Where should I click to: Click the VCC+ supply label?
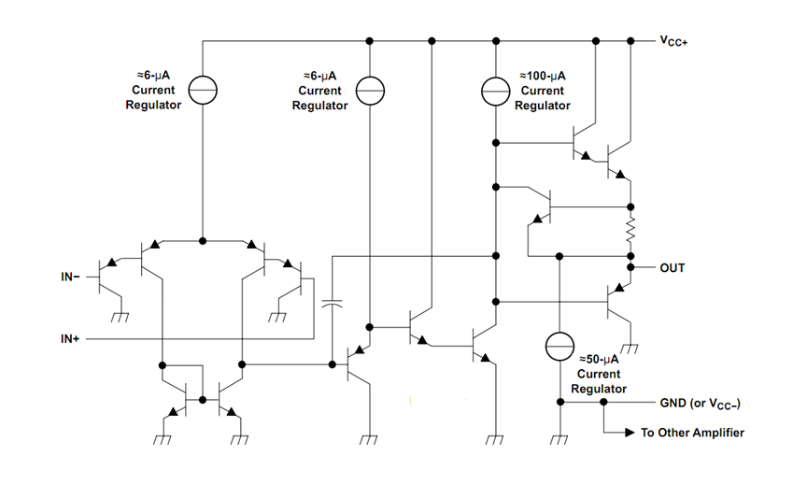pos(673,42)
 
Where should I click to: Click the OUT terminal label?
pos(672,268)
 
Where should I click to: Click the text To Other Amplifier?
pos(691,434)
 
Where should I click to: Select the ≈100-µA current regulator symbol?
pos(495,91)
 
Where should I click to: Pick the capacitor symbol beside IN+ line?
pos(333,304)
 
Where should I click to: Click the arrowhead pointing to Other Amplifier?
pos(625,434)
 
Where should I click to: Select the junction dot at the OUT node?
pos(631,268)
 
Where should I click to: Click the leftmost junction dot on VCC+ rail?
pos(371,41)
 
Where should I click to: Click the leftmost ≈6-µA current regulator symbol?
pos(203,91)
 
